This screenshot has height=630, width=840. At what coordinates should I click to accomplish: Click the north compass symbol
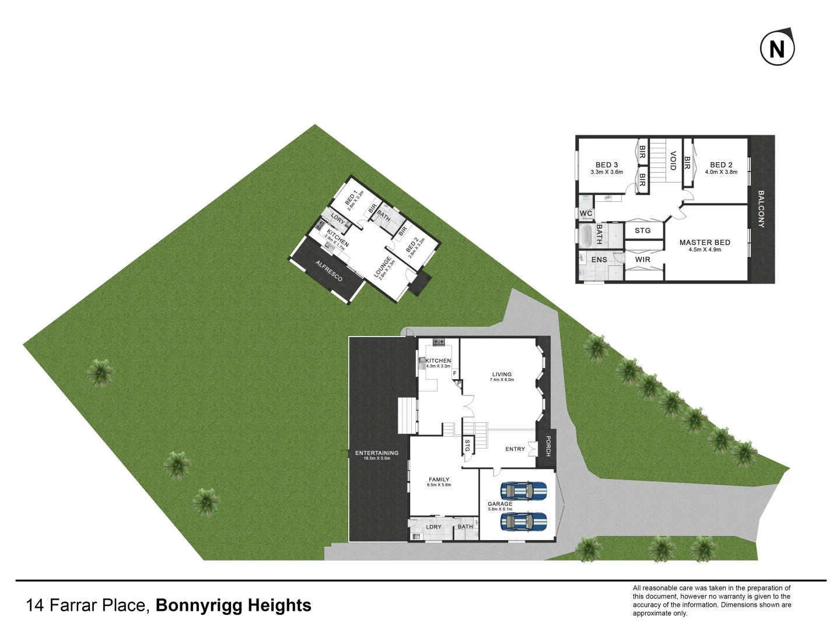tap(777, 48)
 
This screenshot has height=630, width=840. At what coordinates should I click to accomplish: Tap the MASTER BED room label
tap(705, 243)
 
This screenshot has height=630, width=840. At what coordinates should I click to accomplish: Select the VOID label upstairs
tap(673, 160)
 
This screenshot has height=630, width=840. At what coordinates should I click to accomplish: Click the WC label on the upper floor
tap(586, 213)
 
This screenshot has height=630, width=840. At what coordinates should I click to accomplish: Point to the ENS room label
tap(599, 260)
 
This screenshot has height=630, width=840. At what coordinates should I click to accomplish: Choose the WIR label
tap(642, 260)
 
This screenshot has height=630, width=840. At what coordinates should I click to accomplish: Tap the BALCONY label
tap(761, 208)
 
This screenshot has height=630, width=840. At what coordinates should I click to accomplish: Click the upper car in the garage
tap(523, 491)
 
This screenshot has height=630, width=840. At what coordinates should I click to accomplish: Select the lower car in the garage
tap(523, 521)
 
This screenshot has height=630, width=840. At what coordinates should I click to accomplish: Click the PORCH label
tap(547, 446)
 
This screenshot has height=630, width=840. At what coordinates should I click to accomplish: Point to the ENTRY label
tap(515, 449)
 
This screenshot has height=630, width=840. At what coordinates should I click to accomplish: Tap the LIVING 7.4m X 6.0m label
tap(502, 376)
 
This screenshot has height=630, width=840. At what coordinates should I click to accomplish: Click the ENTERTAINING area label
tap(377, 453)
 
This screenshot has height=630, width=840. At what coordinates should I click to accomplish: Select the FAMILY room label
tap(439, 480)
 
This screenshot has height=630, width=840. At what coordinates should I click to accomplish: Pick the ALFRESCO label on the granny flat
tap(329, 271)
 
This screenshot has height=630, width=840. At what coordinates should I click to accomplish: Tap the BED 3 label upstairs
tap(607, 165)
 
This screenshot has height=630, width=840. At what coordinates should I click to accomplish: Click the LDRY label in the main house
tap(433, 527)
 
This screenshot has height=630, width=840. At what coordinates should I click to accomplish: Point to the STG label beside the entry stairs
tap(467, 445)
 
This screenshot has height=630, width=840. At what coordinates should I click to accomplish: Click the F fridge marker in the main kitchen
tap(454, 373)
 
